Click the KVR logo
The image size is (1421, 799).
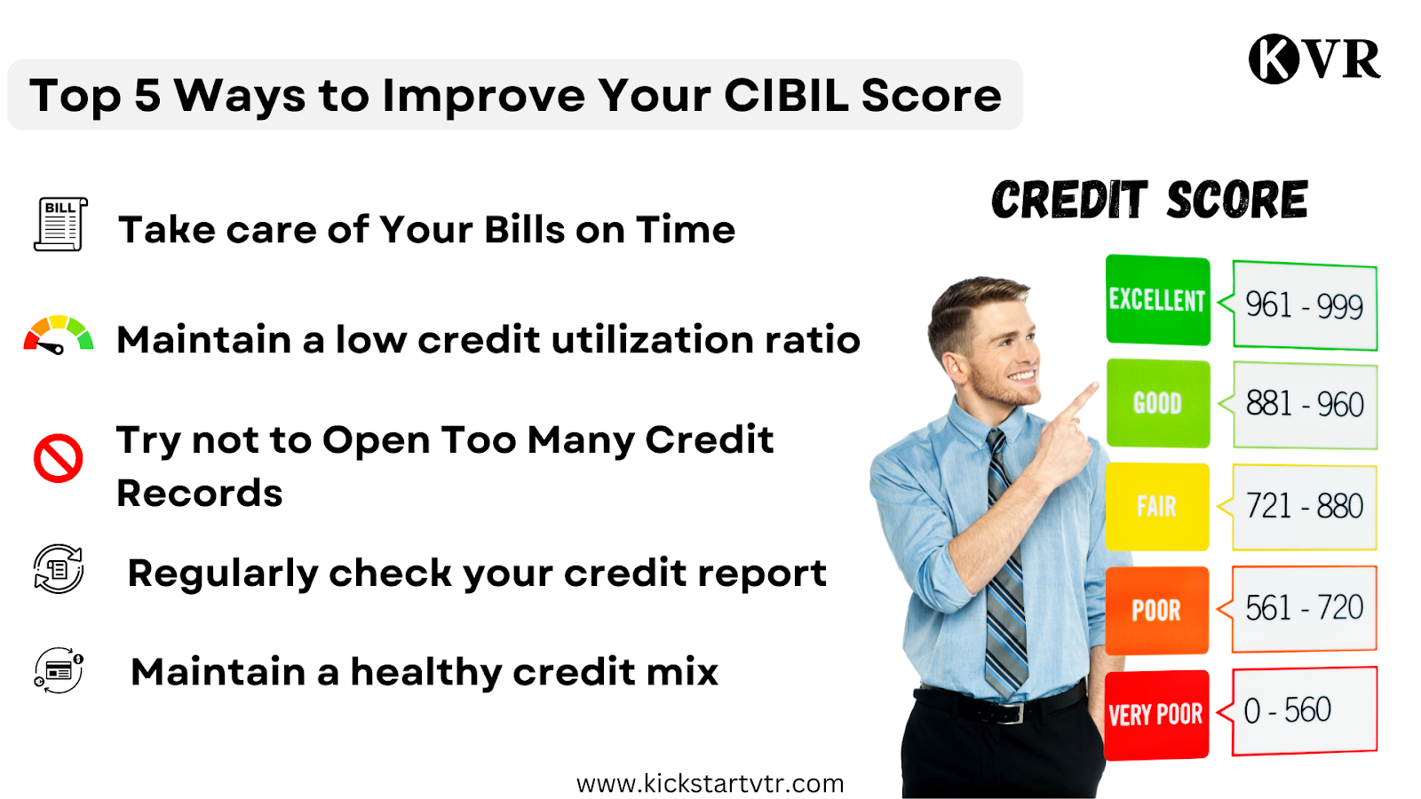[1314, 59]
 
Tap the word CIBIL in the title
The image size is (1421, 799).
[786, 96]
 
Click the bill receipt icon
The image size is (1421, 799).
[61, 224]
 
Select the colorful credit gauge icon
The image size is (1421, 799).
[59, 335]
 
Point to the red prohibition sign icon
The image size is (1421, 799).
[58, 458]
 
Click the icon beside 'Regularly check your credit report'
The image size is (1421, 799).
[59, 569]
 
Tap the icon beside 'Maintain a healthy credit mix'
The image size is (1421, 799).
[59, 670]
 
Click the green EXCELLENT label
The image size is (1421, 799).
[1158, 300]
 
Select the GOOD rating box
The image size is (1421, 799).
[1158, 403]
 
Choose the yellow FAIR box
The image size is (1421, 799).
[1157, 507]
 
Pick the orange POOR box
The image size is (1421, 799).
[1156, 610]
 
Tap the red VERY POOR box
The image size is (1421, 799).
[1156, 715]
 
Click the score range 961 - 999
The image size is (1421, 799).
[1305, 305]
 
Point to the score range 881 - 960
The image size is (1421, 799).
[1305, 404]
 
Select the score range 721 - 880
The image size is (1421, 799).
[1305, 506]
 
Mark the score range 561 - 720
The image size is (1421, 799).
[1305, 607]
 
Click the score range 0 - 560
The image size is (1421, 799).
[1287, 709]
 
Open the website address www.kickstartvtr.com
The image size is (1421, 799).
[710, 784]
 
